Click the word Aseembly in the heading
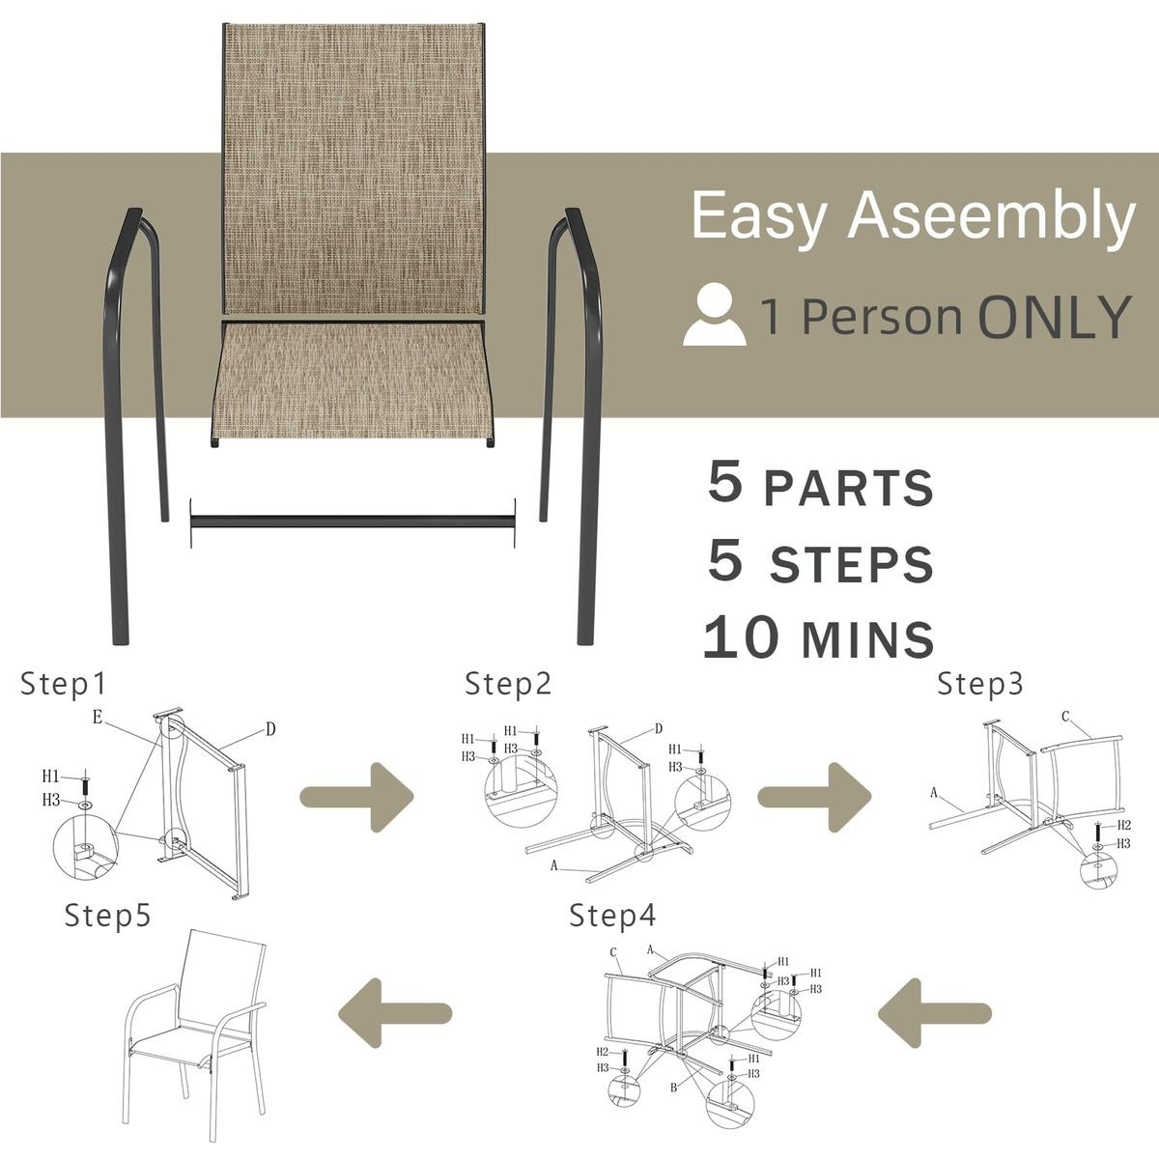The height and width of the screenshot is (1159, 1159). [992, 216]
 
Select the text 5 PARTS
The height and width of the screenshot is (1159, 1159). [820, 485]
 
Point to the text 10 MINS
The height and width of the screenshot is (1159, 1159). [818, 638]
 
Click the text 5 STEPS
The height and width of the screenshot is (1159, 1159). [820, 562]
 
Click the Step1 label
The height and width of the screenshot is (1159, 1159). [63, 684]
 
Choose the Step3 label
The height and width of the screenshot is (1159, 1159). [979, 684]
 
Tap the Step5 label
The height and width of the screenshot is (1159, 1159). [107, 915]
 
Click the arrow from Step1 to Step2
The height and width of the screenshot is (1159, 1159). [357, 797]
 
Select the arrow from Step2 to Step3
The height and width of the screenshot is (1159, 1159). [814, 797]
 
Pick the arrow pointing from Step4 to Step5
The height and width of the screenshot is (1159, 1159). [394, 1012]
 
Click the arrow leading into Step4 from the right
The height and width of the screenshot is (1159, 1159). [934, 1012]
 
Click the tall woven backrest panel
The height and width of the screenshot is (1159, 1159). [353, 169]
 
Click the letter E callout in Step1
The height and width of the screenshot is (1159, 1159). [98, 717]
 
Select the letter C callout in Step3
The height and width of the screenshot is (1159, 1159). [1065, 717]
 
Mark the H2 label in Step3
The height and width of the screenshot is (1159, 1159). [1123, 825]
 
